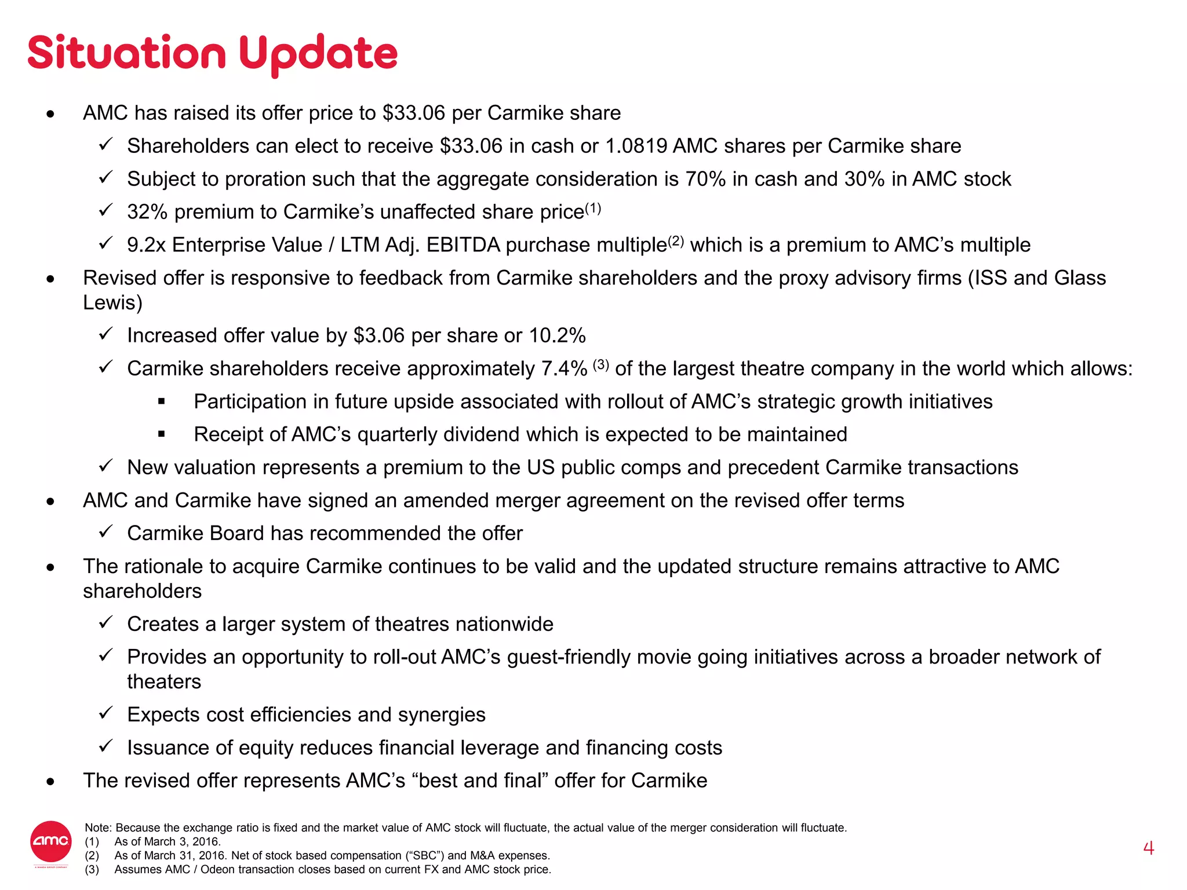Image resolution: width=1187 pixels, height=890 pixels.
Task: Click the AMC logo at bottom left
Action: pyautogui.click(x=50, y=841)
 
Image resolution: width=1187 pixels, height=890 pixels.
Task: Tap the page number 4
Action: pyautogui.click(x=1148, y=848)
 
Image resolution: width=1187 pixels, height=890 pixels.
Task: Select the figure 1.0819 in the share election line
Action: pyautogui.click(x=636, y=146)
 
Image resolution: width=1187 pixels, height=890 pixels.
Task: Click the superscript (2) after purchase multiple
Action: pyautogui.click(x=676, y=241)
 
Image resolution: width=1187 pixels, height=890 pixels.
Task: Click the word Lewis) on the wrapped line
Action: pyautogui.click(x=112, y=302)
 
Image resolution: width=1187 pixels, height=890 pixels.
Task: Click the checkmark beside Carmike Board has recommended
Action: pyautogui.click(x=105, y=531)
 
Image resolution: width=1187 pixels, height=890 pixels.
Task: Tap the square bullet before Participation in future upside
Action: pyautogui.click(x=162, y=401)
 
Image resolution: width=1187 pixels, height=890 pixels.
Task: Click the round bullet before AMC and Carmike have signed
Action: pyautogui.click(x=51, y=501)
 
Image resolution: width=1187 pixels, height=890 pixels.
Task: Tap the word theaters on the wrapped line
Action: pyautogui.click(x=164, y=682)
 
